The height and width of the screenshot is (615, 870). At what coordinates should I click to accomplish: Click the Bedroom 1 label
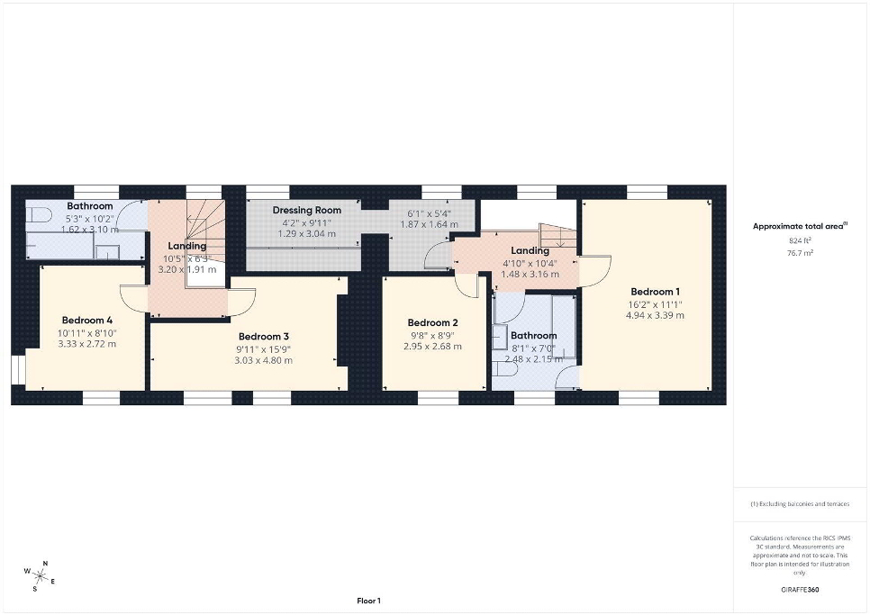[x=655, y=292]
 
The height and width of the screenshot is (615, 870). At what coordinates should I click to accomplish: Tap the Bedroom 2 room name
[x=432, y=322]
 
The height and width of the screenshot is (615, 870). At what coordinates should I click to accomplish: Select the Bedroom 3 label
[x=264, y=337]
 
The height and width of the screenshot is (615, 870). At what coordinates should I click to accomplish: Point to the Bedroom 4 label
[x=87, y=320]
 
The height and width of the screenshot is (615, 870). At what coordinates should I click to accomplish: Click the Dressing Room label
[x=307, y=210]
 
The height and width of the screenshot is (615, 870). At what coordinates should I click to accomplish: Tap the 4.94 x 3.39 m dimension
[x=655, y=315]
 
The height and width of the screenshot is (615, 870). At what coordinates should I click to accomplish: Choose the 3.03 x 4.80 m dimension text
[x=264, y=360]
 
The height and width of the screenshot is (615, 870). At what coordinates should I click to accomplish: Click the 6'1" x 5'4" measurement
[x=430, y=214]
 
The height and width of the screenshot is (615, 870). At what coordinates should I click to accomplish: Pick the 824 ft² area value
[x=800, y=240]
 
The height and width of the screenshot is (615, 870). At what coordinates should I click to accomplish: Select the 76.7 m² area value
[x=801, y=253]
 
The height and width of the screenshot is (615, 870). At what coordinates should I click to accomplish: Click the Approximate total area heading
[x=800, y=226]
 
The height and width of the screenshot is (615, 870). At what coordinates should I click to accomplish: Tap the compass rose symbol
[x=40, y=576]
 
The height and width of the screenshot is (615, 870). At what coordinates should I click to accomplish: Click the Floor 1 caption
[x=369, y=601]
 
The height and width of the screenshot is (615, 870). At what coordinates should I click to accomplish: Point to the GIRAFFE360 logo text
[x=800, y=590]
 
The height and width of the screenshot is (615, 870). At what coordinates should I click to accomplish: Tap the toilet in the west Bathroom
[x=39, y=214]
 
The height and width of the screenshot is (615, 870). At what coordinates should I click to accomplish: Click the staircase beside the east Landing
[x=558, y=236]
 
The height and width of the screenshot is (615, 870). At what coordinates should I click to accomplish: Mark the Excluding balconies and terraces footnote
[x=800, y=504]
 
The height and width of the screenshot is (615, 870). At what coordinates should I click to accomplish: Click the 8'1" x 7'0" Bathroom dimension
[x=533, y=348]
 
